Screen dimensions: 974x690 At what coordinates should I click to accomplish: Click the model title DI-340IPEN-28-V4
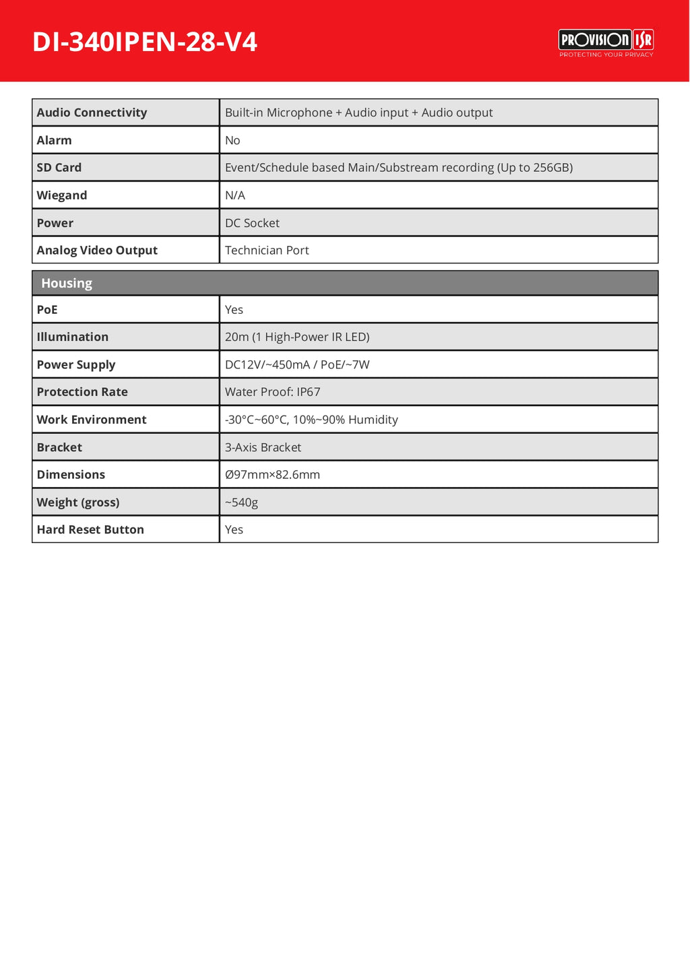(145, 42)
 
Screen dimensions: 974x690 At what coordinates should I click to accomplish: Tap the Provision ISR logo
(606, 42)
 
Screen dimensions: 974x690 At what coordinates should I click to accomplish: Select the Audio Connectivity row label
(92, 112)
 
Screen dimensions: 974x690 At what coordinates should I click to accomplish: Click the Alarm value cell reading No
(232, 140)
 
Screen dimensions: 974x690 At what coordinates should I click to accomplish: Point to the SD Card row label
(59, 168)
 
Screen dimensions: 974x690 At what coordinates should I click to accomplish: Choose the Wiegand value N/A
(235, 195)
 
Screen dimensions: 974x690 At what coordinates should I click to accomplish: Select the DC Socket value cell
(252, 223)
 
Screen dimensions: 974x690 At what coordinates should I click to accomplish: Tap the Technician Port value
(267, 251)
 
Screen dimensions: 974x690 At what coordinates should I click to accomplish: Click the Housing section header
(67, 284)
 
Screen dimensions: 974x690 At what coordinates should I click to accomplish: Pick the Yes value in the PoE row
(234, 310)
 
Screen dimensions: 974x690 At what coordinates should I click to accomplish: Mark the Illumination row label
(73, 337)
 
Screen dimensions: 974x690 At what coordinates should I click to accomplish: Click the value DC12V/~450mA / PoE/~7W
(297, 364)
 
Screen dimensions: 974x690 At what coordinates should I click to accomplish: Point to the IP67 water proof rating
(309, 392)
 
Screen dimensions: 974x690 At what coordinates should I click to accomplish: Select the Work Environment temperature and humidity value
(311, 420)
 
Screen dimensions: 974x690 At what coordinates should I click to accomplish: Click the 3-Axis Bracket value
(263, 447)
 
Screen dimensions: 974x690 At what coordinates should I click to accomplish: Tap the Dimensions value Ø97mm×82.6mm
(272, 475)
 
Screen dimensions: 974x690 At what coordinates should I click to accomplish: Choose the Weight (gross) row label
(78, 502)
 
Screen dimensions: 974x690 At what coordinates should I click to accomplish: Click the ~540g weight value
(241, 502)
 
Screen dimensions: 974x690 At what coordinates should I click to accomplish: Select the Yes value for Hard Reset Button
(234, 529)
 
